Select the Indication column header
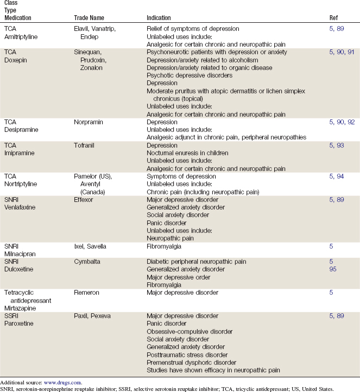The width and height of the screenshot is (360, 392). point(161,17)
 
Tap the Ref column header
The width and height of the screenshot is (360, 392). point(334,17)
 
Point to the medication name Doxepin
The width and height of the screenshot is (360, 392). point(16,60)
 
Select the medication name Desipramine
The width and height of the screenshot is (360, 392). point(20,130)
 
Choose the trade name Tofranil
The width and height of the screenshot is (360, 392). point(85,146)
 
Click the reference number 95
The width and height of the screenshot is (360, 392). point(333,269)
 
